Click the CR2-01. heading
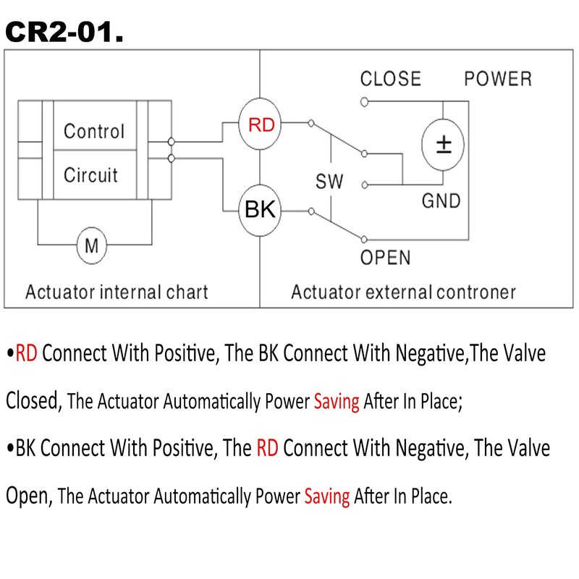[x=64, y=32]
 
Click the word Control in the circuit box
[x=94, y=131]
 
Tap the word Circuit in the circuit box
[x=90, y=174]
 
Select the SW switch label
[x=329, y=182]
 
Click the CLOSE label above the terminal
[x=391, y=79]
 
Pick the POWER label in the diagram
[x=498, y=79]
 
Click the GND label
[x=441, y=201]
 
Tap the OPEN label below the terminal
[x=385, y=258]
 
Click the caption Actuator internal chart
[x=117, y=292]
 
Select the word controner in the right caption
[x=476, y=292]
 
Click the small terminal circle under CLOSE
[x=365, y=102]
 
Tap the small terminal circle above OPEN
[x=364, y=240]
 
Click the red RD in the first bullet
[x=26, y=353]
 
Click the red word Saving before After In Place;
[x=337, y=402]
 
